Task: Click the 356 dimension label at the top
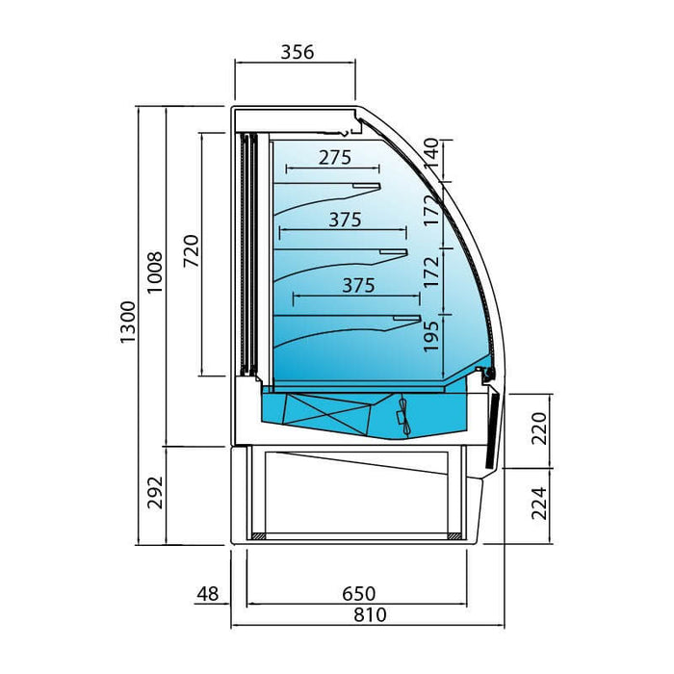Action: pyautogui.click(x=298, y=52)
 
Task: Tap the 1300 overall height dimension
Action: pyautogui.click(x=128, y=322)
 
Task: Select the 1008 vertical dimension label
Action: pyautogui.click(x=155, y=272)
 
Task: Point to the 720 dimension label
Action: pyautogui.click(x=192, y=250)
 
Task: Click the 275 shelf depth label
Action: pyautogui.click(x=335, y=157)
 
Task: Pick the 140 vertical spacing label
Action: pyautogui.click(x=431, y=154)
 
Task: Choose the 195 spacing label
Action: pyautogui.click(x=431, y=336)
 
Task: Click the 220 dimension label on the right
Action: pyautogui.click(x=538, y=428)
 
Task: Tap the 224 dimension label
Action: pyautogui.click(x=538, y=504)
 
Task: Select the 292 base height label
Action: pyautogui.click(x=155, y=493)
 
